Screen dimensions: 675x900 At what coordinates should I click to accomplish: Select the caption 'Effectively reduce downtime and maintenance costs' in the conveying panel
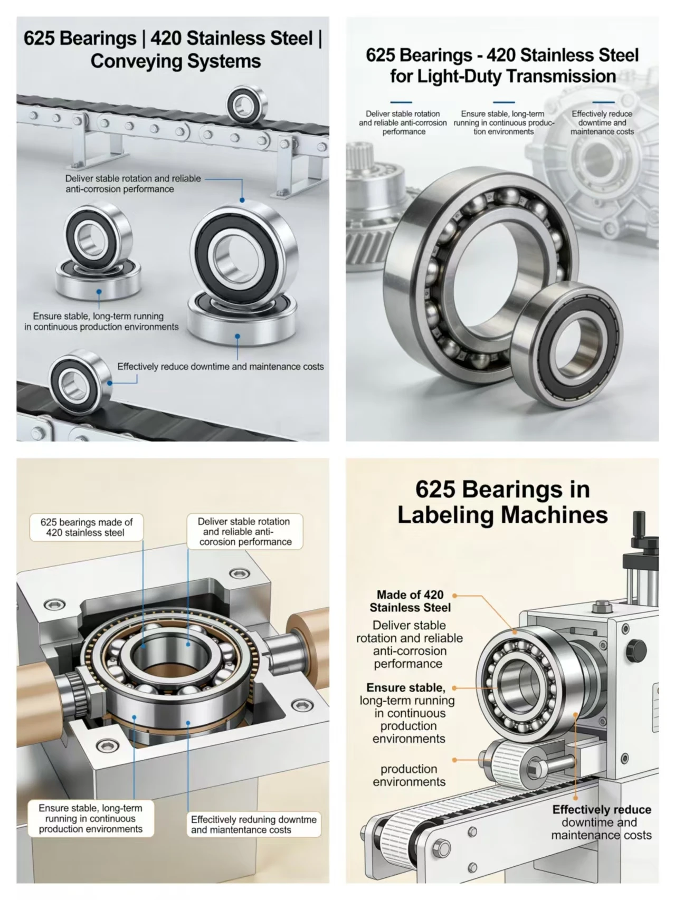click(x=221, y=367)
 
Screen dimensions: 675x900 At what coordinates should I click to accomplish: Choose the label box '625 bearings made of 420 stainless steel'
click(x=86, y=527)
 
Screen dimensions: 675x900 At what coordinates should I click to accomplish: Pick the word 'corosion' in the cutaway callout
click(x=218, y=542)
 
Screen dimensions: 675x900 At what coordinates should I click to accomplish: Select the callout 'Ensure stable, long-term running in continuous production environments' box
click(x=90, y=818)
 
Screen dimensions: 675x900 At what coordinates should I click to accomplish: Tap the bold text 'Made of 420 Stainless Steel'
click(x=410, y=601)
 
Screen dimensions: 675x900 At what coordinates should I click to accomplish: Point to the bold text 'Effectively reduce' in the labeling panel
click(x=602, y=809)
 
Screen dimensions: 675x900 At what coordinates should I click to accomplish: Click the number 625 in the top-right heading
click(x=382, y=55)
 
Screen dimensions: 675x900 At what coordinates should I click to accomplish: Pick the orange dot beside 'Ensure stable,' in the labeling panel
click(x=454, y=688)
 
